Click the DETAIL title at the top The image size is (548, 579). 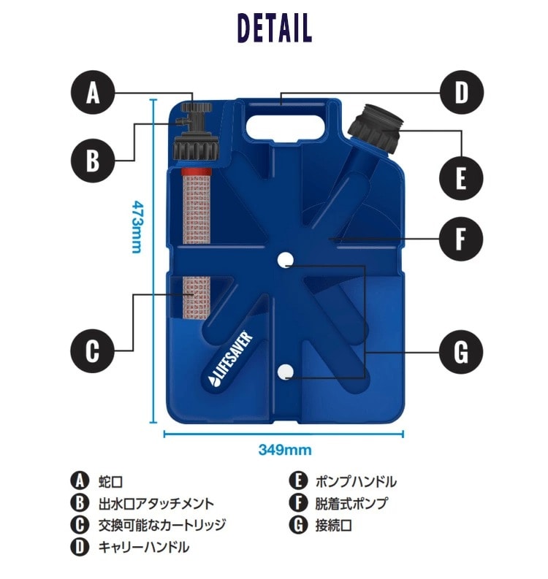[275, 28]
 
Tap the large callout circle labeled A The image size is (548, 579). [93, 92]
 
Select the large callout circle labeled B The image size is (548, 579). [93, 161]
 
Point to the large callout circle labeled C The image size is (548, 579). [92, 350]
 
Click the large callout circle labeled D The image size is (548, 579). [462, 92]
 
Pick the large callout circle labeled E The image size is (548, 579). [461, 178]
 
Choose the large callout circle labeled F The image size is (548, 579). [461, 239]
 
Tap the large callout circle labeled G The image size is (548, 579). [461, 352]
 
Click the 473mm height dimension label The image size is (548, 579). [137, 227]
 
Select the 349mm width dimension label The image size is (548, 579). [285, 450]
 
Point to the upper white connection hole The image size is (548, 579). [285, 260]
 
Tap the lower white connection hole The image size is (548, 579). [285, 371]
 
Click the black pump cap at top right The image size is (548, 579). [376, 128]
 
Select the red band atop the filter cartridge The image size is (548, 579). [197, 172]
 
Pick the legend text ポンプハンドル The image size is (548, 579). [356, 482]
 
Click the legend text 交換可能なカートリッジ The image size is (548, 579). [162, 525]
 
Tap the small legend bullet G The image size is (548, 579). [298, 525]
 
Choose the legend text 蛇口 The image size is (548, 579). [110, 482]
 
